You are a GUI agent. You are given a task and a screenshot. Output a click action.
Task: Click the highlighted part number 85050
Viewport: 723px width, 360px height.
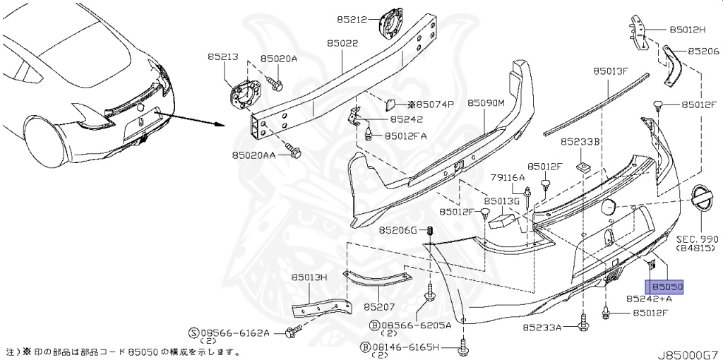pos(667,287)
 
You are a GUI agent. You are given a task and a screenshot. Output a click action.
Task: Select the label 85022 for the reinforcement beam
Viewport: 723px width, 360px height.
pos(342,44)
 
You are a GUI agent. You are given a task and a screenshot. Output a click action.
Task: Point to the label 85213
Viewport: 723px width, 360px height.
pos(222,56)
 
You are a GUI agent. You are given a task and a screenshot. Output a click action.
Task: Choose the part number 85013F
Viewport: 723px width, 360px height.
pos(610,71)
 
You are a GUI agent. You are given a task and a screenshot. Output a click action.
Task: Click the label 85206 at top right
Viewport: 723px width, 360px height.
pos(703,52)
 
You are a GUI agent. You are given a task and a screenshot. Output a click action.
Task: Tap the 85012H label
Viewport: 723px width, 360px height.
pos(688,30)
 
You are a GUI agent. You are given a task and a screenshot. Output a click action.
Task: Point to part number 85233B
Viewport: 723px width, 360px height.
pos(580,141)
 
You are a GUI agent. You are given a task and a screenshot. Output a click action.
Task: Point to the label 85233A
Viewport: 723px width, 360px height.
pos(542,328)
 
